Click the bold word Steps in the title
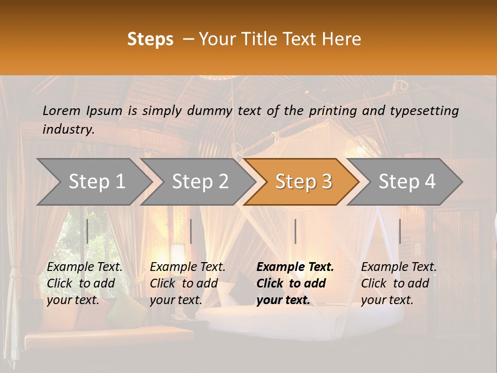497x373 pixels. pyautogui.click(x=150, y=39)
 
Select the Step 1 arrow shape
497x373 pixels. pyautogui.click(x=96, y=181)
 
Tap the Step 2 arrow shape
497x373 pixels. pyautogui.click(x=200, y=181)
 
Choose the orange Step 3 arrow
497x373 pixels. pyautogui.click(x=303, y=181)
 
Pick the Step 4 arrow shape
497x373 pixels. pyautogui.click(x=407, y=181)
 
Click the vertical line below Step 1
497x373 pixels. pyautogui.click(x=87, y=231)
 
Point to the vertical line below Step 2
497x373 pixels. pyautogui.click(x=191, y=231)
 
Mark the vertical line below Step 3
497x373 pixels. pyautogui.click(x=295, y=231)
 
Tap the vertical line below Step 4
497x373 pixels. pyautogui.click(x=400, y=231)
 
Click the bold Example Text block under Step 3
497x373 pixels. pyautogui.click(x=295, y=283)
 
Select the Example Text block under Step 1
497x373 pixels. pyautogui.click(x=84, y=283)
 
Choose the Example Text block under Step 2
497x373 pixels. pyautogui.click(x=187, y=283)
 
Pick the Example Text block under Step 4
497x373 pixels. pyautogui.click(x=399, y=283)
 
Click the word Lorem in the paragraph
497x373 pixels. pyautogui.click(x=62, y=110)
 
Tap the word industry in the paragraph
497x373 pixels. pyautogui.click(x=68, y=130)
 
